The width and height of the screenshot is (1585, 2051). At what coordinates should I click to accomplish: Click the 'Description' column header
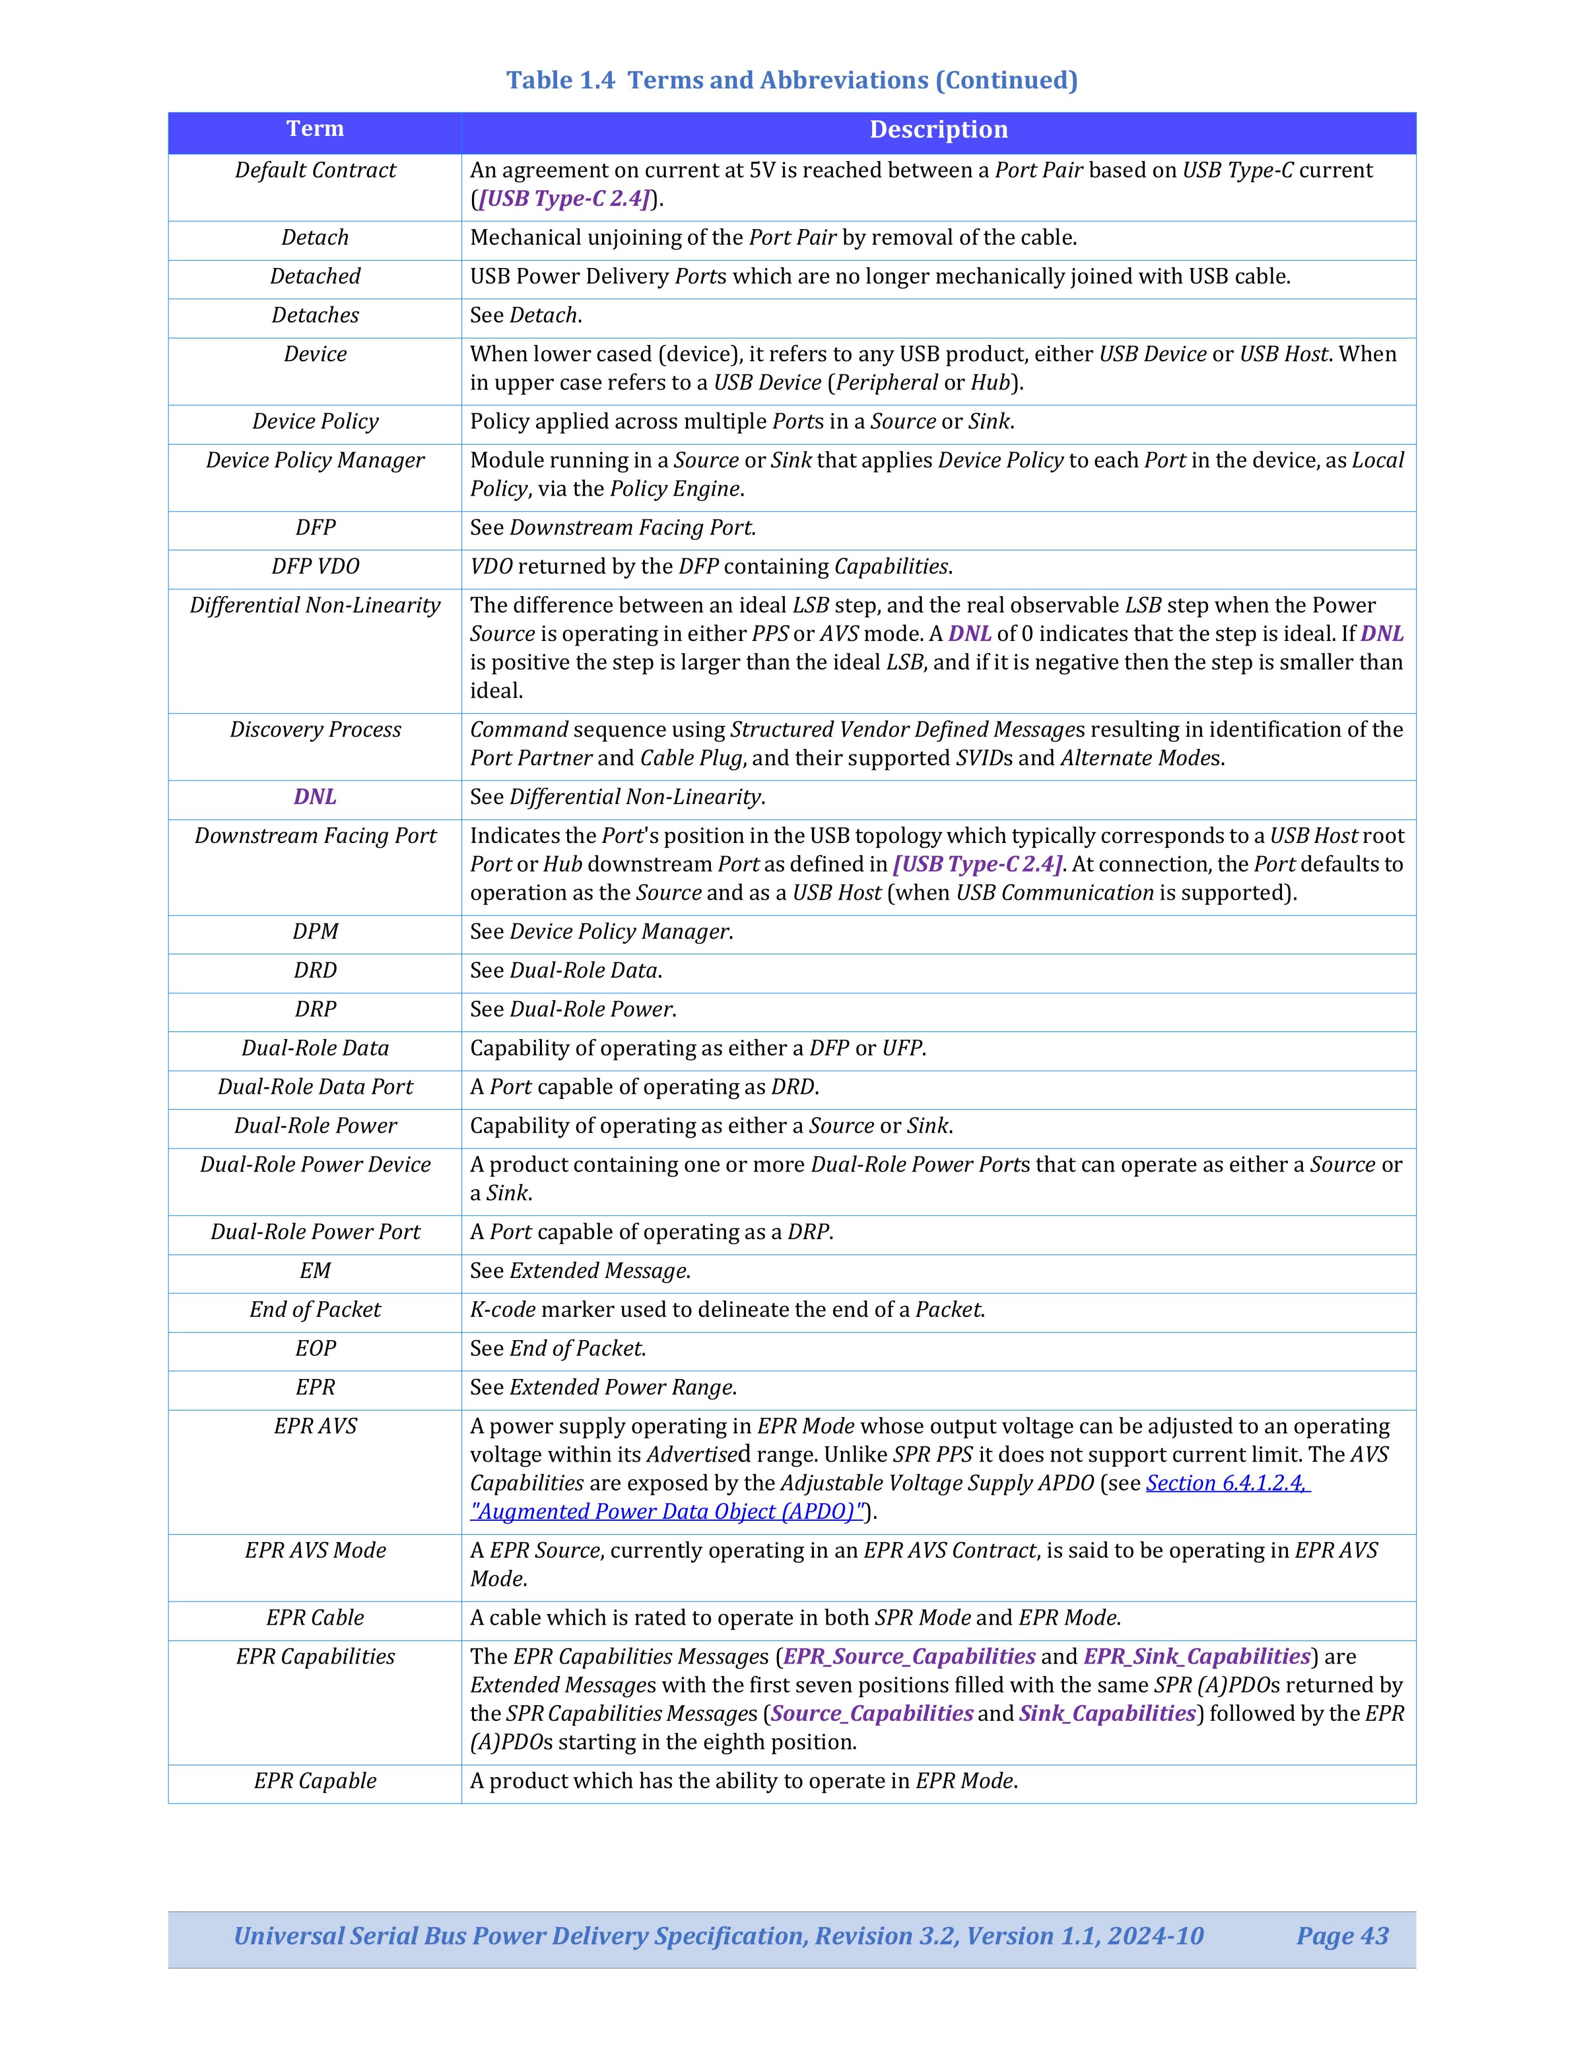(938, 130)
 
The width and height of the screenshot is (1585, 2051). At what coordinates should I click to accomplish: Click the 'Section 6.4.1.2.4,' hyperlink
(1227, 1483)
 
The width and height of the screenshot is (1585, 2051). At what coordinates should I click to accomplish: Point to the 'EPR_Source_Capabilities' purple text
(909, 1657)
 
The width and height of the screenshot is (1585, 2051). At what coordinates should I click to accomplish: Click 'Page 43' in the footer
(1342, 1935)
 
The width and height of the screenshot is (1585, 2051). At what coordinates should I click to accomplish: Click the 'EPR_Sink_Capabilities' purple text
(1196, 1657)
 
